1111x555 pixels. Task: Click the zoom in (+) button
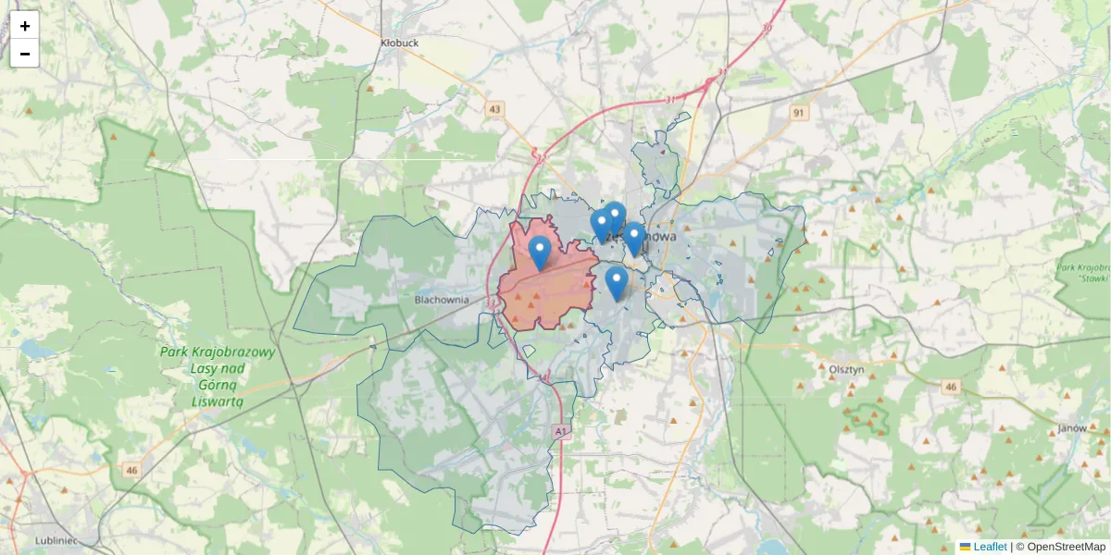coord(25,26)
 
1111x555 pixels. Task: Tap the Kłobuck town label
coord(400,43)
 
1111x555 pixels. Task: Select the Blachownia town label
coord(442,300)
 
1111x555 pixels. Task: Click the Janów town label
coord(1071,429)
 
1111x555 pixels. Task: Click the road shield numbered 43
coord(495,109)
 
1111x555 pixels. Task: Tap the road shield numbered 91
coord(799,112)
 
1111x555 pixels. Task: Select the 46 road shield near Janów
coord(951,387)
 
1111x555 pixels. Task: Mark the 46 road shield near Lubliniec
coord(131,470)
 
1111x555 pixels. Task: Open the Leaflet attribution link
coord(990,547)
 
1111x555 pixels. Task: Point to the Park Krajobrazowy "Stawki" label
coord(1084,272)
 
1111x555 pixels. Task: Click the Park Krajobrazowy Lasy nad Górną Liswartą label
coord(217,376)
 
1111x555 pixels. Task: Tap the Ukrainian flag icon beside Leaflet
coord(965,547)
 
